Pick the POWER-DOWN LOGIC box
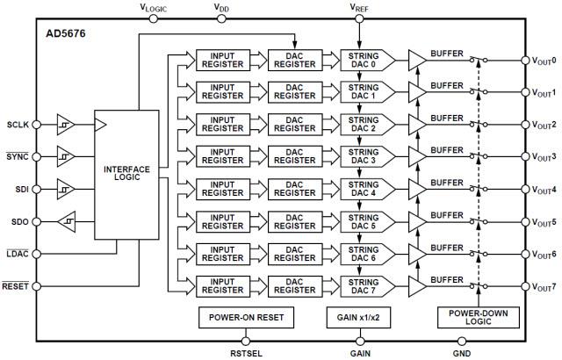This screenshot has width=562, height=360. click(x=478, y=317)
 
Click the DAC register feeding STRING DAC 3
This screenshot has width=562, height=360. click(x=294, y=156)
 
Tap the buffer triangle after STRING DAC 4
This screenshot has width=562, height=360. click(x=416, y=189)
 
